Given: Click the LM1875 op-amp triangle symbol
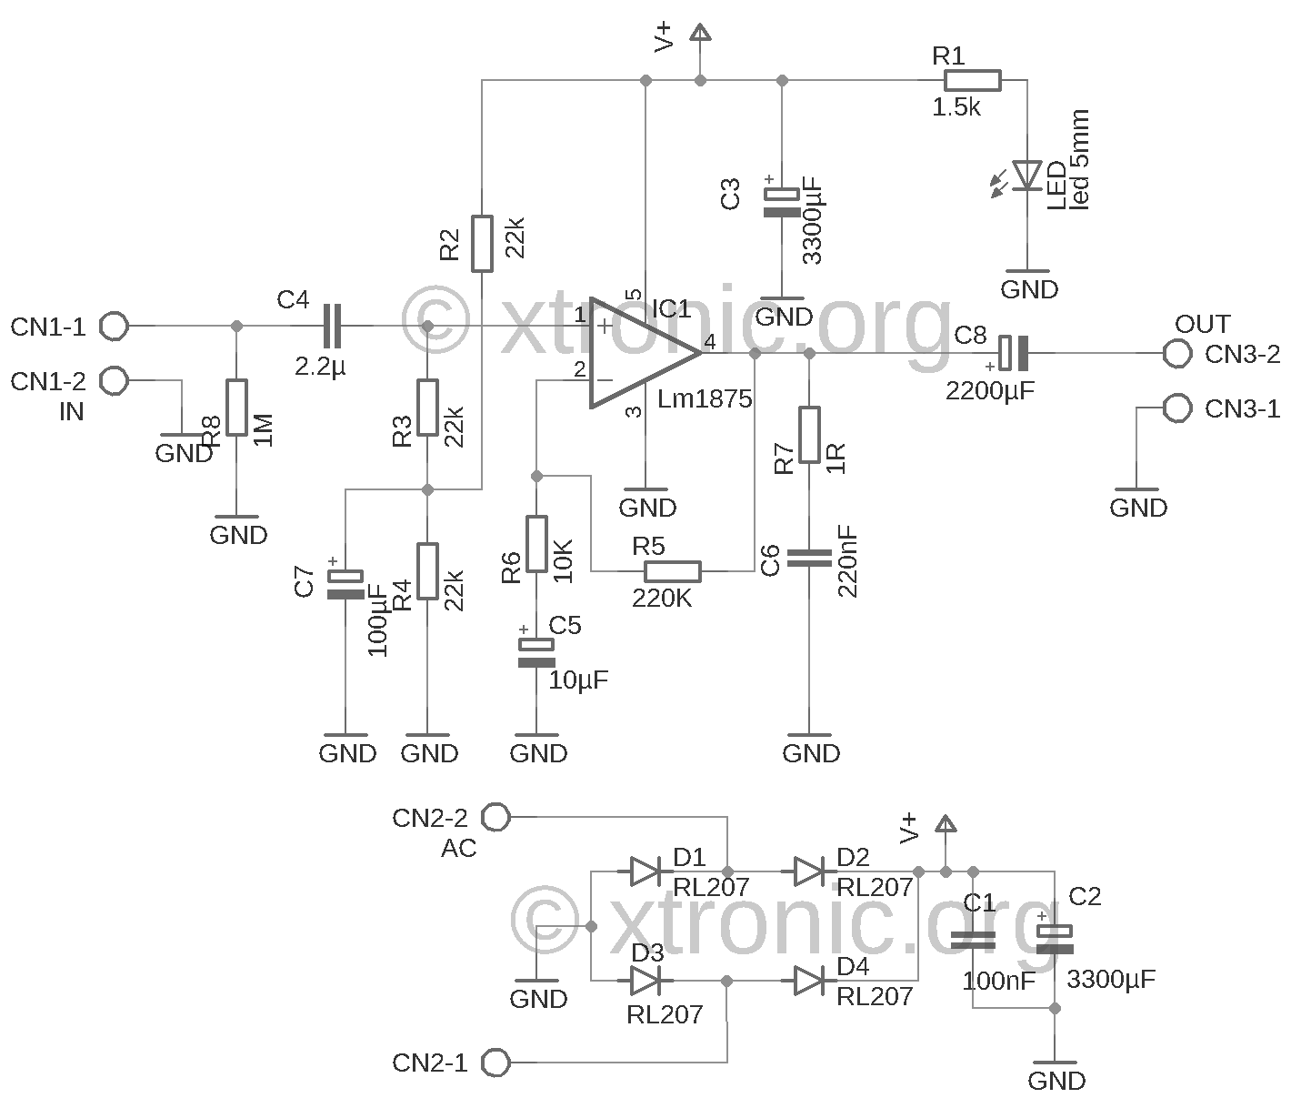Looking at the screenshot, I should click(x=636, y=352).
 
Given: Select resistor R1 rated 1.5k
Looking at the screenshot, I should click(x=972, y=81).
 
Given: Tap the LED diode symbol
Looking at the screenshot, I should click(x=1027, y=175).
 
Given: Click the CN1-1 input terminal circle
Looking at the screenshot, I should click(x=115, y=326).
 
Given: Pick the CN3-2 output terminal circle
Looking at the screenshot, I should click(x=1177, y=354).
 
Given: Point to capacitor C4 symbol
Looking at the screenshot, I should click(x=334, y=326).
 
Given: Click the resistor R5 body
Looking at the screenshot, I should click(x=672, y=571).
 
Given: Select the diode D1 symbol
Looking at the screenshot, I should click(x=645, y=871).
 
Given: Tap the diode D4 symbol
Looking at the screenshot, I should click(x=808, y=981).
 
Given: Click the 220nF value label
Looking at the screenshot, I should click(x=849, y=561).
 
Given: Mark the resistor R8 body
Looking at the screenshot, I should click(x=236, y=408).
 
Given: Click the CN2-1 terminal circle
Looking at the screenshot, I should click(x=495, y=1062).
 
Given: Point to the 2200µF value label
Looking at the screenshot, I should click(x=990, y=392).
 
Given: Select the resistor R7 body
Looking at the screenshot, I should click(x=809, y=435).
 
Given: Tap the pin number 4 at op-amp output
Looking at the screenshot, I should click(x=709, y=342).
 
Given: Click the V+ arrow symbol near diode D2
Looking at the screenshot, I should click(x=946, y=824).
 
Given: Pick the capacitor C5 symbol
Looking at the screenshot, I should click(x=535, y=653).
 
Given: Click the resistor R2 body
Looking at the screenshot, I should click(x=482, y=244).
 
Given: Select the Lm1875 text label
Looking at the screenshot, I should click(x=706, y=399).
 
